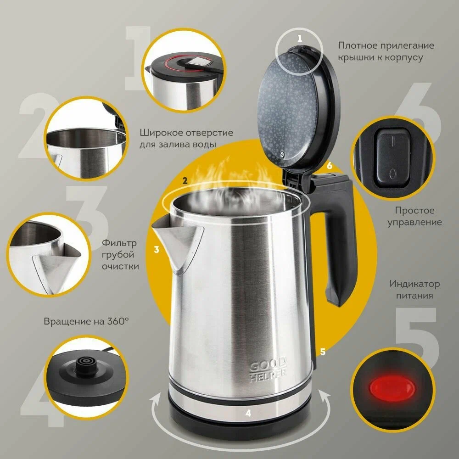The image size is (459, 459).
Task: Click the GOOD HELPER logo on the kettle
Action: (x=268, y=369)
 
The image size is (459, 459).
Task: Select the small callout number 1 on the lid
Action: (x=299, y=39)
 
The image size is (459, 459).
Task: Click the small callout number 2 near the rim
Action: (x=185, y=180)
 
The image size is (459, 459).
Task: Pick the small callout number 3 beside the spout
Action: (x=157, y=249)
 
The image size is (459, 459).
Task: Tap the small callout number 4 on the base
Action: (x=248, y=413)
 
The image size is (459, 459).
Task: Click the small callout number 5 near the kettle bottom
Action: (x=323, y=352)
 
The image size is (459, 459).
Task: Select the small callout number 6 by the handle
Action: (x=330, y=165)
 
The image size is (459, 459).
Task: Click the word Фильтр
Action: (x=119, y=243)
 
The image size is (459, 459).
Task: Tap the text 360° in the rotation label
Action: (x=118, y=321)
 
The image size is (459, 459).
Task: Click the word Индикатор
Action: (x=414, y=284)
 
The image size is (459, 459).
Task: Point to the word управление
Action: (x=414, y=223)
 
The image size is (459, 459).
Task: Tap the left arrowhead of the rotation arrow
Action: (x=155, y=399)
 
